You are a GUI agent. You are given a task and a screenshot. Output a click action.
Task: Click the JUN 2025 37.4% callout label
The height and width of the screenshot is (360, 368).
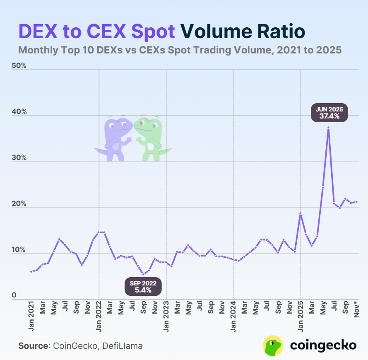point(330,113)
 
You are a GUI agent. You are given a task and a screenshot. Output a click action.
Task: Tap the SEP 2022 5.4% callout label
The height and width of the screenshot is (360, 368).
point(143,287)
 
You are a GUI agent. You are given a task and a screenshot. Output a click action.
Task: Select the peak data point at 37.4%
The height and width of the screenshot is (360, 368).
point(328,128)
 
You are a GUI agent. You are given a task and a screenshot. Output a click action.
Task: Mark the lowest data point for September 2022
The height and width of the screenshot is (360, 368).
point(143,274)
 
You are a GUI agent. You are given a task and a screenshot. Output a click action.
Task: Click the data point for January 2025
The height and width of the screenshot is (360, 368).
point(301,213)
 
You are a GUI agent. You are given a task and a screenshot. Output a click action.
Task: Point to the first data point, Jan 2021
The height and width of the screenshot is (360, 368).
point(31,271)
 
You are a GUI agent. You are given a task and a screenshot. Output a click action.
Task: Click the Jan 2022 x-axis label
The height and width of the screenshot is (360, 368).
point(99,317)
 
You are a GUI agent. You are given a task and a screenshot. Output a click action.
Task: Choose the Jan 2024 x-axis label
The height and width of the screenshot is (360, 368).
point(234,317)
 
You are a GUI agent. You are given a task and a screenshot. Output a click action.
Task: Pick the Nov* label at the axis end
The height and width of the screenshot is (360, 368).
point(357,310)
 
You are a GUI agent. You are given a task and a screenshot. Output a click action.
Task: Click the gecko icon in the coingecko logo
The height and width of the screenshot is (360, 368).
point(273,346)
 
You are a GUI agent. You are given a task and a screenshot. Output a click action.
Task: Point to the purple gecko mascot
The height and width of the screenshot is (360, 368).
point(115,138)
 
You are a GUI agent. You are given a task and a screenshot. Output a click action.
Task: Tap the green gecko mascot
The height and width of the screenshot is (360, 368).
point(151,138)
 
